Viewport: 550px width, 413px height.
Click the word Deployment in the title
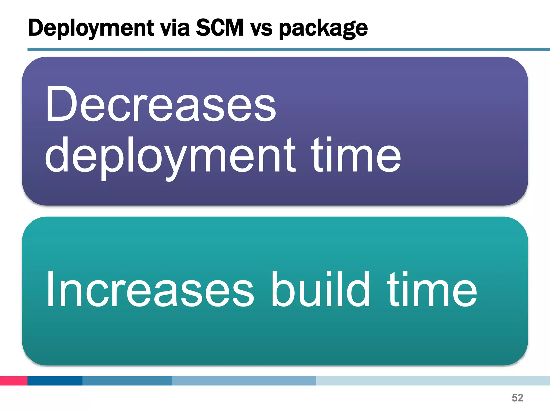click(91, 28)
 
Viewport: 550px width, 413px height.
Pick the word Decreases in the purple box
click(161, 104)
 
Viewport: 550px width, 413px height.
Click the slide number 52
click(518, 398)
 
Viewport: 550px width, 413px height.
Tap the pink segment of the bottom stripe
click(13, 381)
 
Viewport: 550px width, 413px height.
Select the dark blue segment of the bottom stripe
click(55, 381)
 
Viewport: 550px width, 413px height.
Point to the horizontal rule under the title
click(288, 49)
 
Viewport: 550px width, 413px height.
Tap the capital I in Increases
click(50, 289)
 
